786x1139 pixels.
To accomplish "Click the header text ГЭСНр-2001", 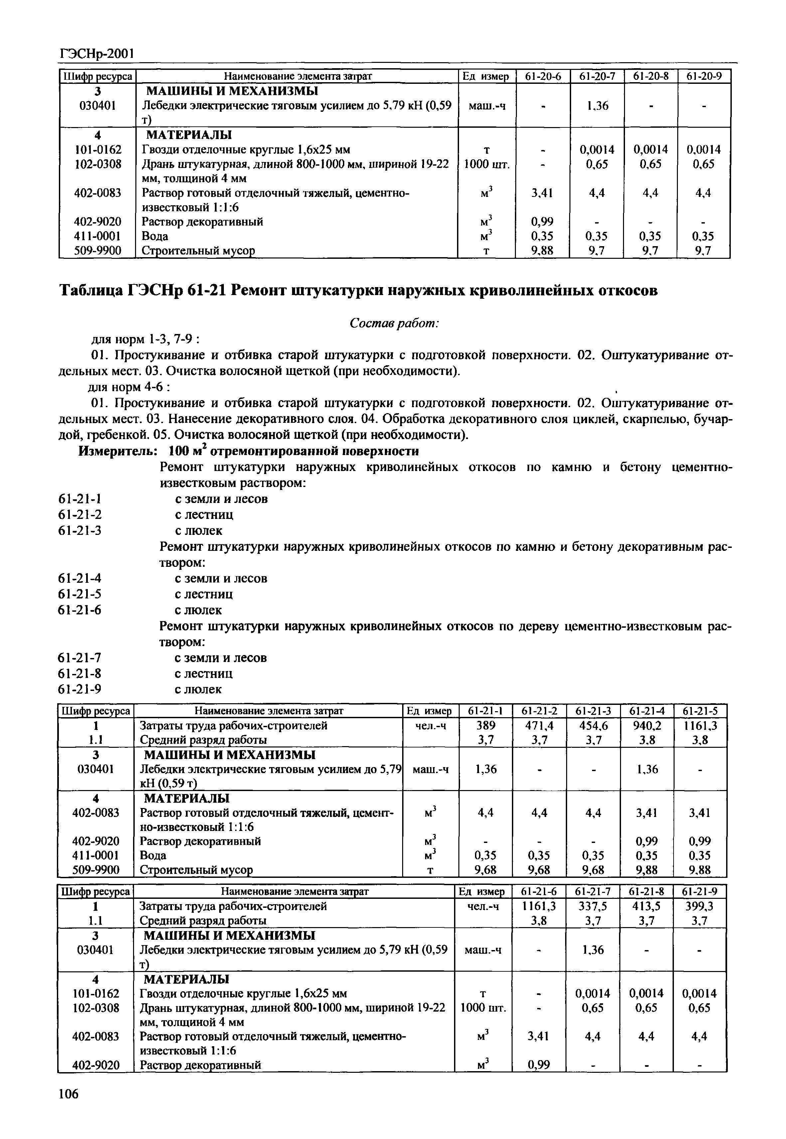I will [x=96, y=53].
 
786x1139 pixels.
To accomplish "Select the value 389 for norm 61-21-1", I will [x=486, y=726].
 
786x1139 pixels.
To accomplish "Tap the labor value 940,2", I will [x=647, y=726].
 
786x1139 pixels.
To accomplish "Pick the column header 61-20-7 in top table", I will [x=596, y=76].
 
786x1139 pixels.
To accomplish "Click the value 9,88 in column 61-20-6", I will [x=542, y=250].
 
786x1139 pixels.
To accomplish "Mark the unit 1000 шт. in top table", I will [x=486, y=164].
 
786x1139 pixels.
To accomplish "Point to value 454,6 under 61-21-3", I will [x=593, y=726].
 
